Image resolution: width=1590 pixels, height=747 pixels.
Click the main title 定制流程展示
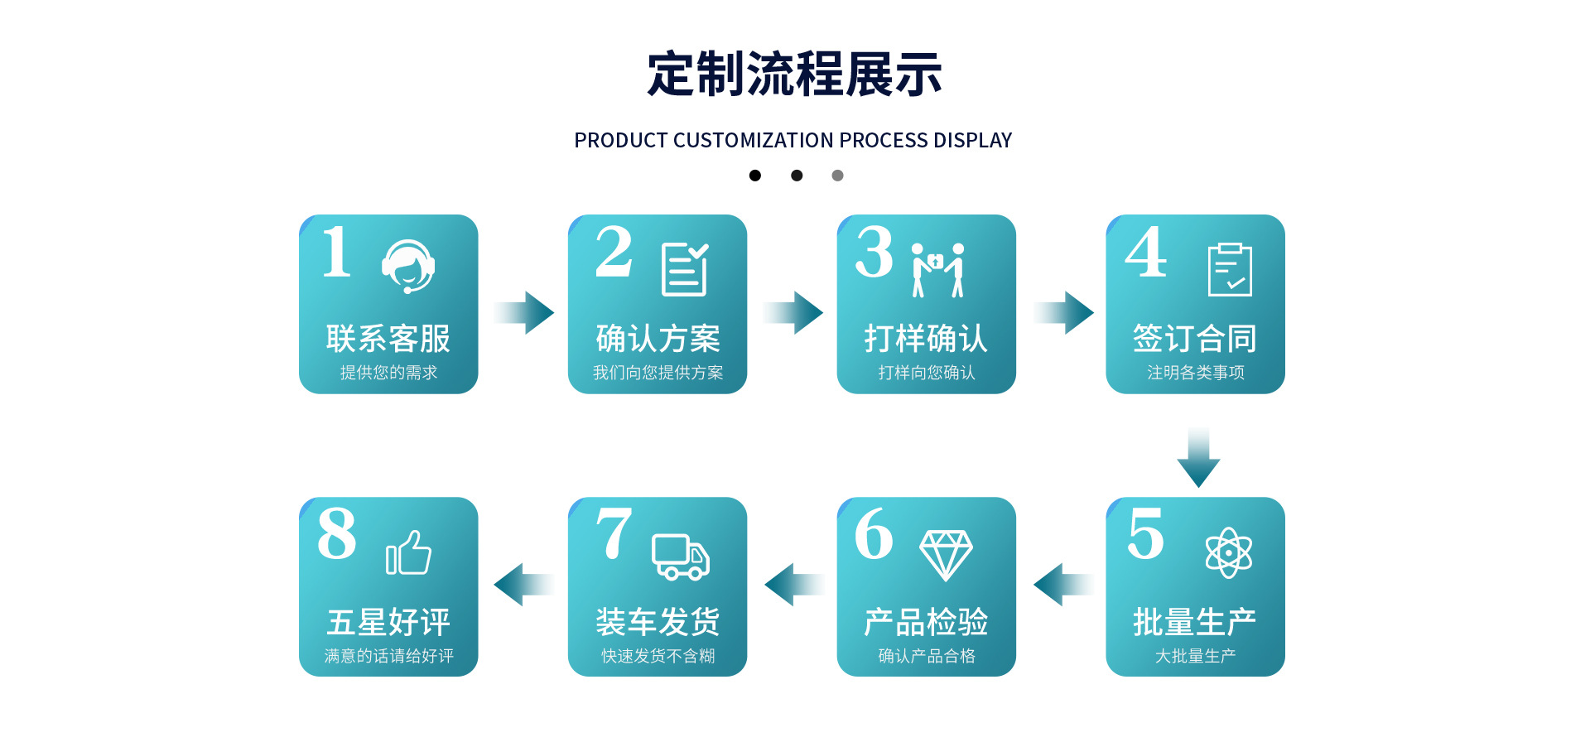click(x=794, y=75)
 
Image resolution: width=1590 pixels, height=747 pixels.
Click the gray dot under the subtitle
click(x=837, y=176)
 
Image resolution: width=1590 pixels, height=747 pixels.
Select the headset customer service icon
click(x=408, y=267)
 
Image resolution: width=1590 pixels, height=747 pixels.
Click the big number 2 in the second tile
click(x=614, y=252)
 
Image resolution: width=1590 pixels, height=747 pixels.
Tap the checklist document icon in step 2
click(x=685, y=269)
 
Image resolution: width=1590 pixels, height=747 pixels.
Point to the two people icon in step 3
click(x=937, y=269)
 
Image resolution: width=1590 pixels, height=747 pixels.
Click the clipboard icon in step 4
click(x=1230, y=269)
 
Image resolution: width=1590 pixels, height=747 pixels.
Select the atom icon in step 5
click(x=1229, y=552)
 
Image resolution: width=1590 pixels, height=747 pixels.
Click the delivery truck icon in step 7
click(x=681, y=557)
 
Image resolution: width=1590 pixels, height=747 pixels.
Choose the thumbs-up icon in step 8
click(x=408, y=553)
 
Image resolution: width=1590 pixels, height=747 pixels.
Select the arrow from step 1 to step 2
click(x=525, y=312)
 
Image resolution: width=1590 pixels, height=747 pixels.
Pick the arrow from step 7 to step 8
click(x=523, y=585)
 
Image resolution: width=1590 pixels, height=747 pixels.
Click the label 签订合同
click(x=1195, y=339)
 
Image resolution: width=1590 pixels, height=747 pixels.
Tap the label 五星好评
click(x=388, y=622)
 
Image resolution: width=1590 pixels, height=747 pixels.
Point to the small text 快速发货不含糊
click(x=658, y=656)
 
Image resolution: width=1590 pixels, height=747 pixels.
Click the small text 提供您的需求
click(x=388, y=373)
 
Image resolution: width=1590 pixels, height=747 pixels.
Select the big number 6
click(x=874, y=534)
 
